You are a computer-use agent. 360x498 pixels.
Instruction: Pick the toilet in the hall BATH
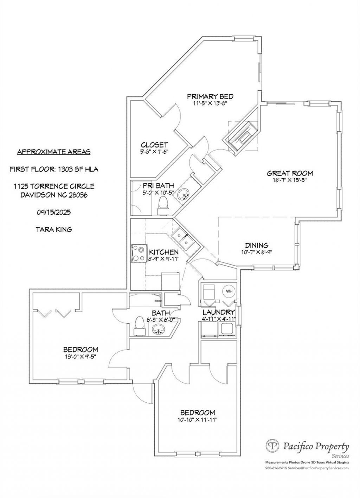140,326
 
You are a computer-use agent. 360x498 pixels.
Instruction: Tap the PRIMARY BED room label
210,97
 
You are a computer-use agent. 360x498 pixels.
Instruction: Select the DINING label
257,245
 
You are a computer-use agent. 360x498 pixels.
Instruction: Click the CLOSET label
154,145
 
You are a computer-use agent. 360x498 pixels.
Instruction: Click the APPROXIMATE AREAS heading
54,152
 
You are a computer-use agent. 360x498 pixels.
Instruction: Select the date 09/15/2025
54,212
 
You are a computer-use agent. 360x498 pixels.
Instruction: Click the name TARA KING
54,229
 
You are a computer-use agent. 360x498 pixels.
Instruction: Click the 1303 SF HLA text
78,170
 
